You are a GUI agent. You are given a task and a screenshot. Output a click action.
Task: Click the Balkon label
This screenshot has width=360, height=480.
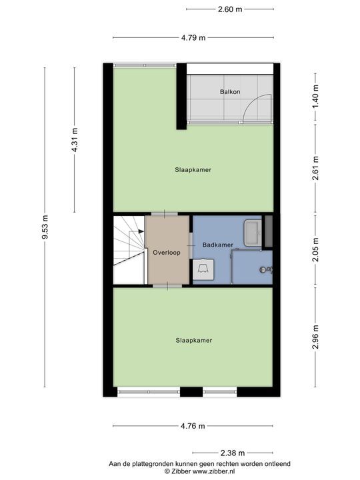tap(229, 91)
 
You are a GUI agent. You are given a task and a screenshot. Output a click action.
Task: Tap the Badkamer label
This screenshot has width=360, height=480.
tap(217, 245)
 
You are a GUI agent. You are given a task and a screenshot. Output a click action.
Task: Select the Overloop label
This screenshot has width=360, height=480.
tap(167, 253)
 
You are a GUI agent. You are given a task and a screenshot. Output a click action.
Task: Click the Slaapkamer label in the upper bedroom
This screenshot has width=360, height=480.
tap(193, 170)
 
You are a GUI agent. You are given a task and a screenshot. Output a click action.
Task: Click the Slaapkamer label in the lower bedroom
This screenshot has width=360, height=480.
tap(193, 340)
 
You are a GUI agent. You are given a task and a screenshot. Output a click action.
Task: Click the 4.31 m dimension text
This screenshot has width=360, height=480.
tap(75, 140)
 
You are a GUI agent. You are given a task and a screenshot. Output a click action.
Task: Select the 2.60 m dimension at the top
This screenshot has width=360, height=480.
tap(229, 9)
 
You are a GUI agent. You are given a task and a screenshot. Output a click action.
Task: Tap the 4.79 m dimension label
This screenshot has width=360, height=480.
tap(193, 38)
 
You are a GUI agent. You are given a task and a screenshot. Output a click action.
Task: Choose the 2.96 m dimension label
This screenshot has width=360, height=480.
tap(315, 337)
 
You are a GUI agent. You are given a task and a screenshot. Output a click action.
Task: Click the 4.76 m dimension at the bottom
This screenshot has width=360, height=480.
tap(193, 426)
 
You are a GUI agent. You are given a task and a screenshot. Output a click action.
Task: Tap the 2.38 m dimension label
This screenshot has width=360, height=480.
tap(232, 453)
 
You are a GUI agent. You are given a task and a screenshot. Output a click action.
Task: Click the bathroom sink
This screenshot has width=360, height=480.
tap(253, 233)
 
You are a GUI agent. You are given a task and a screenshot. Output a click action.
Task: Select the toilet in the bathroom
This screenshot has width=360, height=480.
tap(203, 270)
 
